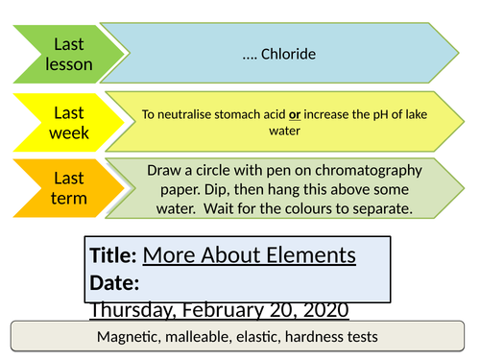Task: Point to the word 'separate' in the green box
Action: (x=392, y=205)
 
